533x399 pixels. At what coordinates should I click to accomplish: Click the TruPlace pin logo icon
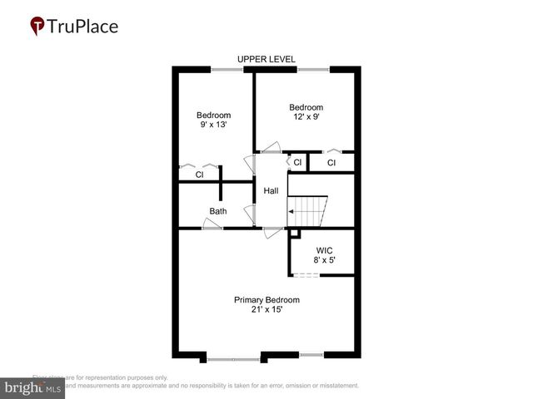37,27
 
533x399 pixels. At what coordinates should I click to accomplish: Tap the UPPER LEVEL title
266,59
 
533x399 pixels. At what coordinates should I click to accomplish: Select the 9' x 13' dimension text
213,124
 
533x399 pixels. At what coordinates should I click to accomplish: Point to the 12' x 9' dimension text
306,116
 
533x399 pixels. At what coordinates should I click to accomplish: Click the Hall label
271,191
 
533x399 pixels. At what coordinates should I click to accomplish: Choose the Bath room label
217,211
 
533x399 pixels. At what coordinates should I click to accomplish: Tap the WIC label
324,250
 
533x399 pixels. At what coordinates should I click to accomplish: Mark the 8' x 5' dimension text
324,260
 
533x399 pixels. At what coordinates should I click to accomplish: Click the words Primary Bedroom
266,300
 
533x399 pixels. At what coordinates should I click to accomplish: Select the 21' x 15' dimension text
266,310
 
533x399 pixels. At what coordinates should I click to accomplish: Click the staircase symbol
308,211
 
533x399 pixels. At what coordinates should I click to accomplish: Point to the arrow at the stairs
292,212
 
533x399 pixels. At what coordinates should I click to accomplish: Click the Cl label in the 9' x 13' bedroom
200,175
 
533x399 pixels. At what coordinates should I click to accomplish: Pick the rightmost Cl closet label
331,163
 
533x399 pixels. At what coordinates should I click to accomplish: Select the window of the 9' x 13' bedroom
227,70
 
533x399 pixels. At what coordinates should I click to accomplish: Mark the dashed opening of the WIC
306,275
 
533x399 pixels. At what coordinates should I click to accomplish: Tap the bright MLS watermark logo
32,388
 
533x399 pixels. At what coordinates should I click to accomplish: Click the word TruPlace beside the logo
84,27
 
